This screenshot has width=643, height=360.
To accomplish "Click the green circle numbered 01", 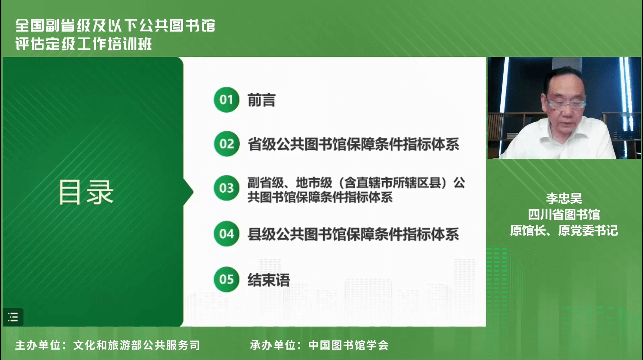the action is (x=226, y=100).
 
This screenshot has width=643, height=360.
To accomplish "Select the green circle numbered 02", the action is (x=226, y=144).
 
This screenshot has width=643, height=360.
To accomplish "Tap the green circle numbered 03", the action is (x=226, y=188).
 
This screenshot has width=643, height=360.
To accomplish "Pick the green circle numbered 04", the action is (x=226, y=234).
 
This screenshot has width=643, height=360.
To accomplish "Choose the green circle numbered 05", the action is (x=226, y=280).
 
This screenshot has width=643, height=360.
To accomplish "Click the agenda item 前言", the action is (x=262, y=100).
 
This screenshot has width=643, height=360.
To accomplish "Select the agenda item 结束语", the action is (x=269, y=280).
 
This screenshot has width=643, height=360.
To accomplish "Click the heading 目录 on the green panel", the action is (x=86, y=192).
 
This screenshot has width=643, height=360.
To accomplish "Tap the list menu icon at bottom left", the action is (x=13, y=317).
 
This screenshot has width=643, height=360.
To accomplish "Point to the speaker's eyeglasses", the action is (x=567, y=104).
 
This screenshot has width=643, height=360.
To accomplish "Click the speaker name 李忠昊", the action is (x=564, y=198).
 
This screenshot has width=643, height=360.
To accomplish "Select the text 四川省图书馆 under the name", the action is (x=564, y=214).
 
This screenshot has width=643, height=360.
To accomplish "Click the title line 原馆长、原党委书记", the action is (x=564, y=230).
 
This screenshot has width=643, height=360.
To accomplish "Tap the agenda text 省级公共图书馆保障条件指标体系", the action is (x=353, y=145).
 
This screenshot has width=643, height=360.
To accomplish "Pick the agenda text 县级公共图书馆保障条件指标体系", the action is (x=353, y=235).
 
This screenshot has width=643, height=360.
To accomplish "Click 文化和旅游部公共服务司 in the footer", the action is (x=136, y=345).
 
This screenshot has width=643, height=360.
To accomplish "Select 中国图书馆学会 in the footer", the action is (x=348, y=345).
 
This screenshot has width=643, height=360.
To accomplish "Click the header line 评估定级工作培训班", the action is (x=83, y=44).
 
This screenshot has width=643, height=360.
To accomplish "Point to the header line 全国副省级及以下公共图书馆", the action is (x=115, y=26).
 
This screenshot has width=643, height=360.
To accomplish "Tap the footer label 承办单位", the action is (x=272, y=345).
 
